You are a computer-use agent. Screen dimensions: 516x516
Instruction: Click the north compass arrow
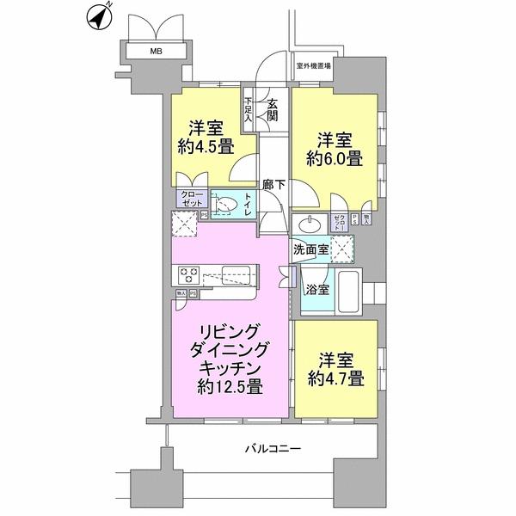[x=101, y=15]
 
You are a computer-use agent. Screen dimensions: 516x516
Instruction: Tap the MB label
[x=156, y=52]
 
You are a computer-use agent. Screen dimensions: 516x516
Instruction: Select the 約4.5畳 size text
[x=206, y=146]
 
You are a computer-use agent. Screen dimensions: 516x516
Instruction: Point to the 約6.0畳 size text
[x=335, y=157]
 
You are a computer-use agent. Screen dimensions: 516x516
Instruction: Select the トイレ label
[x=248, y=204]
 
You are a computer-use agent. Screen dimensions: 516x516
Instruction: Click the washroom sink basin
[x=307, y=225]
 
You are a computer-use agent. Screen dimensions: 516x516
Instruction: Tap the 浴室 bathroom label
[x=316, y=289]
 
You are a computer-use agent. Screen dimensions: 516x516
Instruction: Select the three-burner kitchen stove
[x=190, y=275]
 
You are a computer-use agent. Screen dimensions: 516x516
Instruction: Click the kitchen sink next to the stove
[x=233, y=276]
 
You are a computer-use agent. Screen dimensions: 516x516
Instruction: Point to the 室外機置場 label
[x=314, y=65]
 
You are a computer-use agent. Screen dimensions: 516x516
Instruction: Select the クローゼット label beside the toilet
[x=191, y=199]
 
